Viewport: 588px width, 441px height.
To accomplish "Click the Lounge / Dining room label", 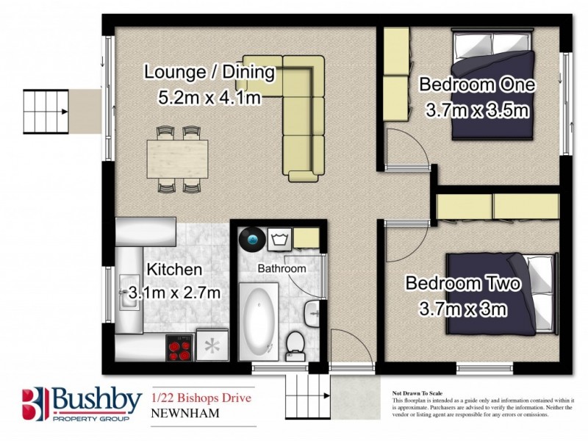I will (209, 73).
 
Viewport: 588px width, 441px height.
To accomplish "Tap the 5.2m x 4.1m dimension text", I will (209, 96).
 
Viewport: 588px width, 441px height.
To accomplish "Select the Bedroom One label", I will (477, 85).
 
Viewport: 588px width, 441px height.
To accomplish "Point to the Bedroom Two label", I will (464, 284).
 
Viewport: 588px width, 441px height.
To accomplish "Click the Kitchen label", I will (173, 270).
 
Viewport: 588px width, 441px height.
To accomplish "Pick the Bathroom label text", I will (281, 269).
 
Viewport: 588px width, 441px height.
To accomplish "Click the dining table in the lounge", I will (176, 158).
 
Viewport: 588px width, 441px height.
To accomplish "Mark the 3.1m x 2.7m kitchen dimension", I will (174, 293).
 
